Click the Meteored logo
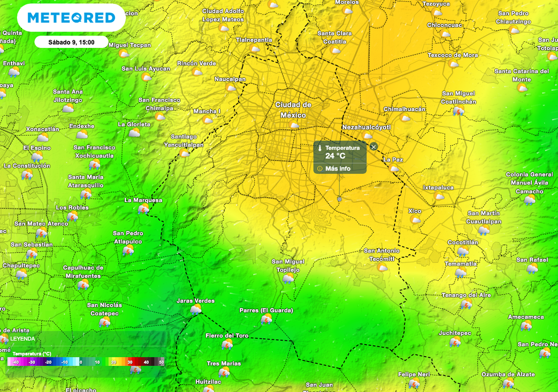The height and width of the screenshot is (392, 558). tap(71, 18)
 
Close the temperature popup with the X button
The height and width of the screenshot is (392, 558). tap(373, 146)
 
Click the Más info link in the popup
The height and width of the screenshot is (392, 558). tap(337, 169)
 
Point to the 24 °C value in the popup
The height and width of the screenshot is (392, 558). tap(335, 156)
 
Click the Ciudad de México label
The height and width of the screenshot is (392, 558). tap(293, 110)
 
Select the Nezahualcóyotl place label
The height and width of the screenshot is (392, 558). tap(366, 127)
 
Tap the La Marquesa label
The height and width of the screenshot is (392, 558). tap(143, 200)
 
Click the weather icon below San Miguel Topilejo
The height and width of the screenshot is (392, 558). tap(288, 279)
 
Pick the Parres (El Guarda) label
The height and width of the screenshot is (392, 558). tap(266, 310)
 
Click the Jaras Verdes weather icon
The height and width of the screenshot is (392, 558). tap(196, 310)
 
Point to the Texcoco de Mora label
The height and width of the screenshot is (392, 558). tap(452, 56)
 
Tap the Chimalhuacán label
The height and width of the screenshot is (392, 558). tap(404, 109)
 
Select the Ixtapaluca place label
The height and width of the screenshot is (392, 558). tap(438, 188)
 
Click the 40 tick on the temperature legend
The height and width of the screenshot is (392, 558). tap(146, 362)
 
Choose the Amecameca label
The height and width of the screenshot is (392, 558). tap(525, 317)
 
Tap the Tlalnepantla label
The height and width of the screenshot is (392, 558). tap(254, 40)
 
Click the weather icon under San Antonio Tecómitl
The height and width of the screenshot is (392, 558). tap(383, 267)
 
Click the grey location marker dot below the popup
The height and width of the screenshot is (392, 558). tap(339, 199)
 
